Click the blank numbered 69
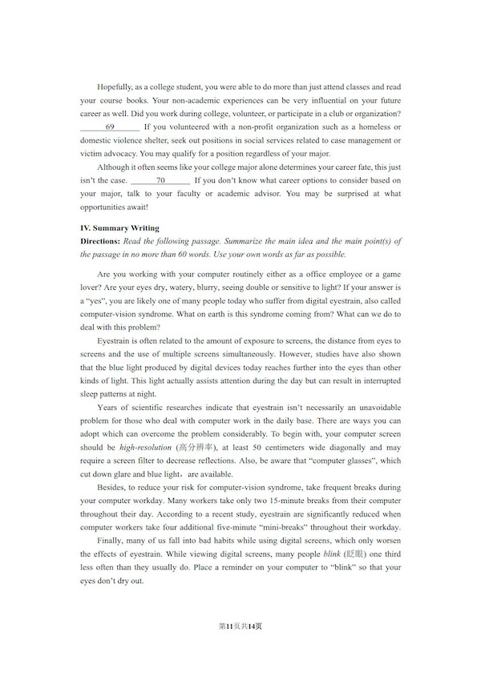(x=110, y=127)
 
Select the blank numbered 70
(x=160, y=180)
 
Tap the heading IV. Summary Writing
(x=119, y=228)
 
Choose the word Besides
(x=112, y=487)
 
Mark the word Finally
(x=111, y=541)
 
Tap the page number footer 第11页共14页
(x=240, y=626)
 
